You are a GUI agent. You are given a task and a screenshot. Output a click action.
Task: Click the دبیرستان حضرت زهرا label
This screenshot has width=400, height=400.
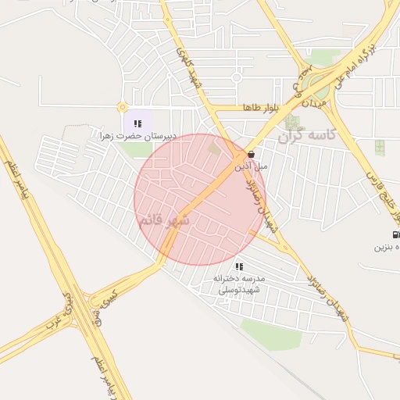click(137, 135)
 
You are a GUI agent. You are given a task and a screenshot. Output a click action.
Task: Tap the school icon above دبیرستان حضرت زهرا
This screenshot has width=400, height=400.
click(137, 123)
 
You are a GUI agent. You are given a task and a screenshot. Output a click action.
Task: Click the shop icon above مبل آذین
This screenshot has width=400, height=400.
click(250, 155)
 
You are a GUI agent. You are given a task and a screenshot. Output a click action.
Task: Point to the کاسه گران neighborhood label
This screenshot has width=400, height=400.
click(307, 135)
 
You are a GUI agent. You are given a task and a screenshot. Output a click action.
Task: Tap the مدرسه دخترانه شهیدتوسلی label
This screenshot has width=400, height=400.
click(239, 284)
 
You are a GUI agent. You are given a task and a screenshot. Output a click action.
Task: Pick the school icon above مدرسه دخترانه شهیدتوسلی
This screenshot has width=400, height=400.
click(239, 266)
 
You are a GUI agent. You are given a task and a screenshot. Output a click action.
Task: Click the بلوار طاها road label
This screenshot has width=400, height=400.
click(255, 107)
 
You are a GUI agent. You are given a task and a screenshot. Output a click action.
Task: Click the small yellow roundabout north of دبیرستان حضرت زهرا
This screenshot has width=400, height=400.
click(122, 107)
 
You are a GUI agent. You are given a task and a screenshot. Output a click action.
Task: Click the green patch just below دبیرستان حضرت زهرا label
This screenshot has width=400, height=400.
click(135, 149)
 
